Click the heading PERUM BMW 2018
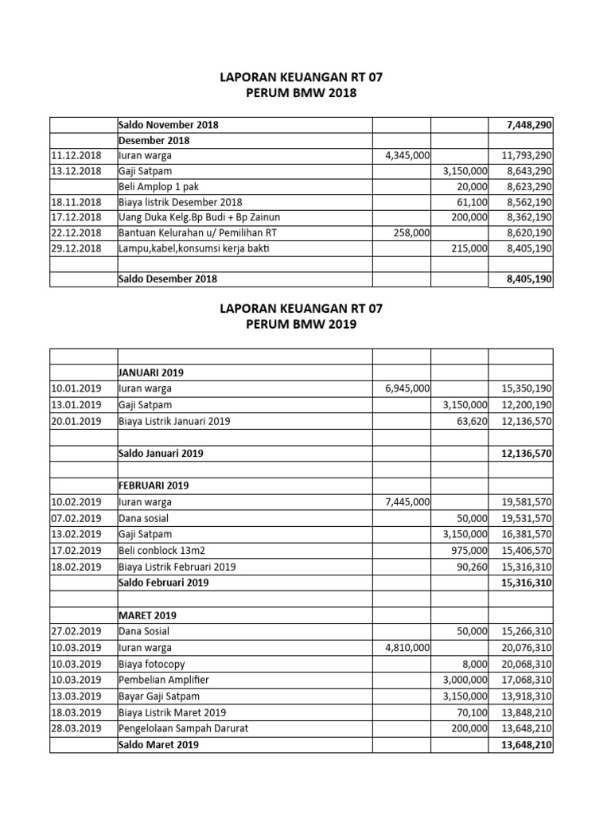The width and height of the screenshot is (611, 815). click(x=306, y=93)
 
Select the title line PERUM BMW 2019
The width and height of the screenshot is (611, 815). click(x=306, y=325)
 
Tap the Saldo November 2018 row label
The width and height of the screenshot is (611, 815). click(x=168, y=125)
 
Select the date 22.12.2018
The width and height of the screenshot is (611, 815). click(x=76, y=232)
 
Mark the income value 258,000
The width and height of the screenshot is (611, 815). click(x=411, y=232)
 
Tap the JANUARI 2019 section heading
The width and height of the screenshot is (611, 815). click(x=152, y=372)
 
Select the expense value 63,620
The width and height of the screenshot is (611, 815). click(x=469, y=421)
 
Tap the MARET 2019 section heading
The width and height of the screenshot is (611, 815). click(x=147, y=615)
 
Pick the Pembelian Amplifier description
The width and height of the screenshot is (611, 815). click(x=165, y=680)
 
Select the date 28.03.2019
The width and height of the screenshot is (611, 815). click(x=76, y=729)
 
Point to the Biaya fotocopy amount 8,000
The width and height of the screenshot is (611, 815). click(x=473, y=664)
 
